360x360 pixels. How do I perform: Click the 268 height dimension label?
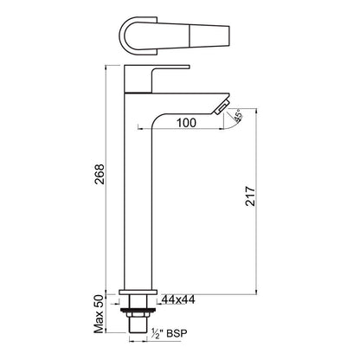[100, 176]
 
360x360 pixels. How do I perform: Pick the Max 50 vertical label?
[100, 316]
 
